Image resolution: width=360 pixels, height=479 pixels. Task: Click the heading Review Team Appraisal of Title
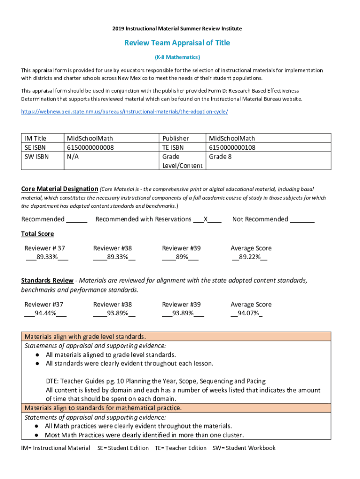click(177, 43)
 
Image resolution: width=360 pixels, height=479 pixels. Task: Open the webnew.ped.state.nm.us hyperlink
click(125, 112)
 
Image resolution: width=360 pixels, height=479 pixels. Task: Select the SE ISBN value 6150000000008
click(91, 147)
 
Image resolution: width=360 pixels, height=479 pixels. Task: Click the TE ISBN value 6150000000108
click(232, 147)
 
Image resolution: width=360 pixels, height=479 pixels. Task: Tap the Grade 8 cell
click(220, 157)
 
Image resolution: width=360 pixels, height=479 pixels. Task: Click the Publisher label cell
click(176, 138)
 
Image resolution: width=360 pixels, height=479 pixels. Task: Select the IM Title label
click(36, 138)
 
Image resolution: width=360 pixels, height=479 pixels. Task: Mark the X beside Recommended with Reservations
click(205, 219)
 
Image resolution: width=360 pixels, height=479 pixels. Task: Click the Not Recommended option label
click(260, 219)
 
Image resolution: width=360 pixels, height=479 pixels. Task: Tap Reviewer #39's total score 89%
click(180, 257)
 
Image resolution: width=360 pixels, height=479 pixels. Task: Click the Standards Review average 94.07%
click(247, 313)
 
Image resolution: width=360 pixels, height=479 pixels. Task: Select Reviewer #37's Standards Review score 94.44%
click(45, 313)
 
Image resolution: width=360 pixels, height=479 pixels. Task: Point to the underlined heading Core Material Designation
click(59, 189)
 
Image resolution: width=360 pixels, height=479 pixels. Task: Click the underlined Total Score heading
click(37, 234)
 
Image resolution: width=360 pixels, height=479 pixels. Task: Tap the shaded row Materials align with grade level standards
click(85, 337)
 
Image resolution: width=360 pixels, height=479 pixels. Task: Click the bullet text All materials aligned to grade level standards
click(110, 355)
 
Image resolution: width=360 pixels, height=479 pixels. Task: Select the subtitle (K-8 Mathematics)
click(177, 58)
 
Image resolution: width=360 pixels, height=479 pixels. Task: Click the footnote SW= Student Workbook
click(244, 448)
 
